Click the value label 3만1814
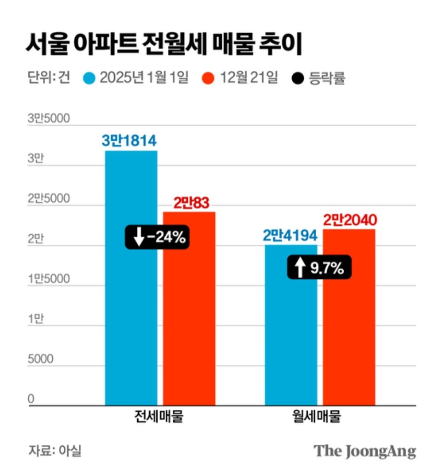[x=129, y=141]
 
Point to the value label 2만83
[x=191, y=203]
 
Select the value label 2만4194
[x=290, y=236]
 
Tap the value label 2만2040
[x=350, y=220]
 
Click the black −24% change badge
[x=157, y=237]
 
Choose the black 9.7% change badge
[x=319, y=268]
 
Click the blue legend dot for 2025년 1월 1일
[x=89, y=78]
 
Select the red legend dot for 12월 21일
[x=209, y=78]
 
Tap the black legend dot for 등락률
[x=297, y=78]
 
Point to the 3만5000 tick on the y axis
[x=49, y=118]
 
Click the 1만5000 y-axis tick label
[x=49, y=279]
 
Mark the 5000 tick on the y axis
[x=40, y=359]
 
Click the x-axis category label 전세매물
[x=159, y=416]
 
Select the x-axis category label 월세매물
[x=317, y=416]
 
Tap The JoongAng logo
[x=365, y=451]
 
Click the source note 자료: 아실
[x=55, y=450]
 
